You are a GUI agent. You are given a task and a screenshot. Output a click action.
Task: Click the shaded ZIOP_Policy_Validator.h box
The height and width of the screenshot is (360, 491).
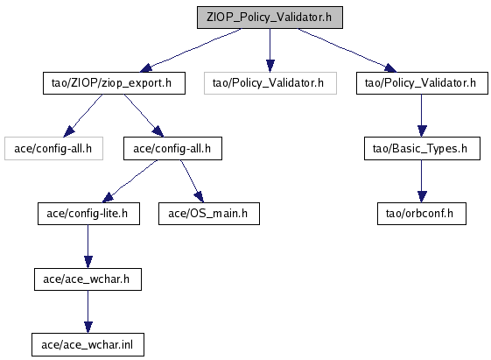click(270, 18)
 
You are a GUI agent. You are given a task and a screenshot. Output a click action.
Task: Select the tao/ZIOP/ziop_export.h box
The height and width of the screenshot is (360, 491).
click(114, 83)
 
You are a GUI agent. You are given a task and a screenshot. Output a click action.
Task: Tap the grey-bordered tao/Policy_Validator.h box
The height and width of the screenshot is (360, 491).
click(270, 83)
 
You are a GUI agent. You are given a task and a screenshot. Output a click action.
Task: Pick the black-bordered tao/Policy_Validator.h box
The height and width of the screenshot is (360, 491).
click(422, 83)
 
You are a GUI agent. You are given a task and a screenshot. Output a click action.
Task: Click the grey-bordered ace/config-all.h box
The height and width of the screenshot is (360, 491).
click(53, 149)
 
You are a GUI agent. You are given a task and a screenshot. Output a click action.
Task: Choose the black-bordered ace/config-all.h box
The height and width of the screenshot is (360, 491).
click(172, 149)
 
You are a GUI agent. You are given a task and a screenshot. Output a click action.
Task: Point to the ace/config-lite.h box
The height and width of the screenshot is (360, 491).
click(88, 214)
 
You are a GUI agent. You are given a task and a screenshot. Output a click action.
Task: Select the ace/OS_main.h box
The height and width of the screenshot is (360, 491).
click(209, 214)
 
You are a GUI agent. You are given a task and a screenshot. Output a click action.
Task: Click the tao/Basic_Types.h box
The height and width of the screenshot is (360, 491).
click(422, 149)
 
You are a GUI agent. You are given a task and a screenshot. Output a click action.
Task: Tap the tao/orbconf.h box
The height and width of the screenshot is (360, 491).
click(422, 214)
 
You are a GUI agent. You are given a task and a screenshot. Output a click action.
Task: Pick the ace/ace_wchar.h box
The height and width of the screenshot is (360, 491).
click(88, 279)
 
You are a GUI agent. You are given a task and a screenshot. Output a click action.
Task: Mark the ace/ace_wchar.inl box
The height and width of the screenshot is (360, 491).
click(88, 344)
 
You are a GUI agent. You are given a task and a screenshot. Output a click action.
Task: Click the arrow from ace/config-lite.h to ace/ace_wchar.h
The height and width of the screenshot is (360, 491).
click(88, 247)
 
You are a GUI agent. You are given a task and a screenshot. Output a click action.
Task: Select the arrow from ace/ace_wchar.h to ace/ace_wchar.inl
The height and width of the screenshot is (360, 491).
click(88, 312)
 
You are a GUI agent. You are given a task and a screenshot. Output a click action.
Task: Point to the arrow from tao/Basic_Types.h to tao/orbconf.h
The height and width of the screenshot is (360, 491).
click(422, 181)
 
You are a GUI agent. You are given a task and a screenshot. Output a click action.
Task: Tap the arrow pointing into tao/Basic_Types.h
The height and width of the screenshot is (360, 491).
click(422, 116)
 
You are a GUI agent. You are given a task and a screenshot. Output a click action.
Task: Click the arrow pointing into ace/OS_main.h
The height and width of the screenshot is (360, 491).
click(192, 181)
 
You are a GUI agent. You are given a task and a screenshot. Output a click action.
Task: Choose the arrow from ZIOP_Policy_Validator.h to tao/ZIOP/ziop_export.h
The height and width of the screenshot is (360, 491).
click(191, 50)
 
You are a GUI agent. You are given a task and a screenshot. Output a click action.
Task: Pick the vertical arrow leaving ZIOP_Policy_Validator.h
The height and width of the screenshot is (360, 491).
click(270, 51)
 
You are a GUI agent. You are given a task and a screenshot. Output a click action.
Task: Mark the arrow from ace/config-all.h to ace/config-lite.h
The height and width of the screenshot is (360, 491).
click(130, 181)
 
